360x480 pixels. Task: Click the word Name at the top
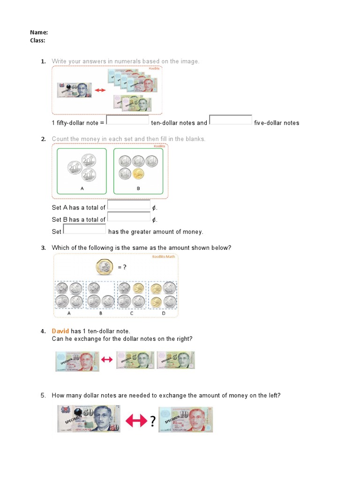coord(38,32)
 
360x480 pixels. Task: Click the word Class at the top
coord(37,40)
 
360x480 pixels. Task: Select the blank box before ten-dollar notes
coord(127,120)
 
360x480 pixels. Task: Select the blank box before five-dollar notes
coord(231,120)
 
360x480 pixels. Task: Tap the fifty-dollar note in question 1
coord(74,90)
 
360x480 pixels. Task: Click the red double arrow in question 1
coord(101,90)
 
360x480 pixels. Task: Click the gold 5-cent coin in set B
coord(138,174)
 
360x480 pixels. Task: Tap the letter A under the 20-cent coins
coord(82,188)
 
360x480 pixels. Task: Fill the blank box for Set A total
coord(129,205)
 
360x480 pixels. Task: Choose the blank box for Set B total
coord(129,217)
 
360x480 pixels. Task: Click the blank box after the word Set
coord(84,229)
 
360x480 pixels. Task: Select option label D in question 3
coord(164,313)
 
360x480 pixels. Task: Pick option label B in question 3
coord(100,313)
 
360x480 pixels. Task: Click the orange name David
coord(60,331)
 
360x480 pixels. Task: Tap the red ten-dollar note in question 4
coord(77,361)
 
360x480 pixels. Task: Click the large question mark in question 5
coord(152,422)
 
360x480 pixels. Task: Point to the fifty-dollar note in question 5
coord(89,419)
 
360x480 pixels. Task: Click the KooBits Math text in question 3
coord(163,257)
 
